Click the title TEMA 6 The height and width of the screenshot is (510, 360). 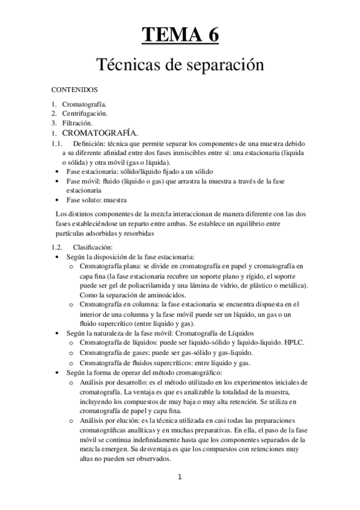180,34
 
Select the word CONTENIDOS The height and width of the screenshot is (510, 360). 74,89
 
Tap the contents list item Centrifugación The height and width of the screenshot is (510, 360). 85,112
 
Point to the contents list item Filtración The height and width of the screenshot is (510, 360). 78,122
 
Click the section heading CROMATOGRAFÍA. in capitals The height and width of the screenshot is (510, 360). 101,132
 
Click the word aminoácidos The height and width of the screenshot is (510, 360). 138,295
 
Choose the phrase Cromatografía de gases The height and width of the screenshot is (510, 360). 114,352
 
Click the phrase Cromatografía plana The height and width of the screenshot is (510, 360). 110,266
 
